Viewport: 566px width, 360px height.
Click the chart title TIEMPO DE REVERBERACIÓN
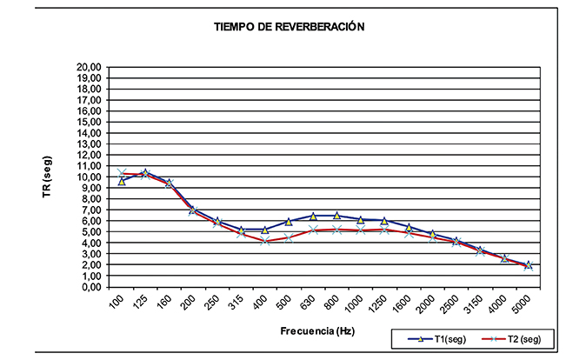(289, 27)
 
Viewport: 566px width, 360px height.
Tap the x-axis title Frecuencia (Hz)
(317, 331)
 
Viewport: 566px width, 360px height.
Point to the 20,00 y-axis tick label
(90, 66)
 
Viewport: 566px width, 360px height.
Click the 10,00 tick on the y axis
(90, 177)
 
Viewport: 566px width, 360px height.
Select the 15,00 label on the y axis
(90, 122)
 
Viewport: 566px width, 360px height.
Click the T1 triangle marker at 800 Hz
(336, 216)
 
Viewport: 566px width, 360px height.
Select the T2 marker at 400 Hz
(265, 241)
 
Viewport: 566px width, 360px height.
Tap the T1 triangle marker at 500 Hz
(289, 222)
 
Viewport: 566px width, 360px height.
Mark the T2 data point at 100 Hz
(123, 174)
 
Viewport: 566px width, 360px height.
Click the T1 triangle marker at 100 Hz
(123, 182)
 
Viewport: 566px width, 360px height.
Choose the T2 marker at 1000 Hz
(360, 230)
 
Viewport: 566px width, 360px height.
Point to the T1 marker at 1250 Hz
(384, 221)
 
